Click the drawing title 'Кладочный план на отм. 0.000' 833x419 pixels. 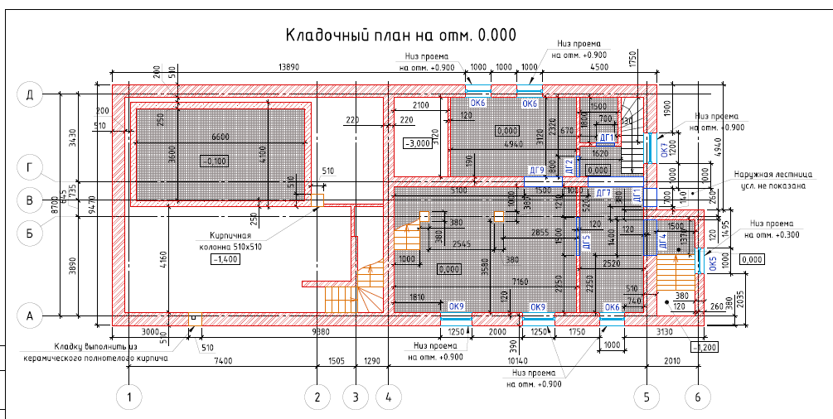(x=400, y=35)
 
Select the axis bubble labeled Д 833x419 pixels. (x=30, y=95)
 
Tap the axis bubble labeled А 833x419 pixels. (x=30, y=315)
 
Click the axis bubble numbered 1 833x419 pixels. (x=128, y=397)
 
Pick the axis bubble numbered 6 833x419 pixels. (x=699, y=397)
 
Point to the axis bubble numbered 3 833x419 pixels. (x=355, y=397)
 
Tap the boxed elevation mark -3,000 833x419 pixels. (x=415, y=143)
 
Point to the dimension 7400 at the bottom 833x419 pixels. (x=222, y=362)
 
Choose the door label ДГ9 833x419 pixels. (x=536, y=171)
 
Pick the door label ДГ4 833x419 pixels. (x=662, y=242)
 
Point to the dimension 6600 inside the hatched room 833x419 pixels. (x=220, y=135)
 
